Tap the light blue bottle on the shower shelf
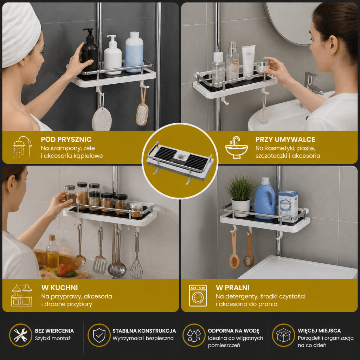(x=134, y=52)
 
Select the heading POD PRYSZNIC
(x=66, y=139)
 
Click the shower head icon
(x=22, y=147)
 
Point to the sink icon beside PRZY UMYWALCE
(x=237, y=147)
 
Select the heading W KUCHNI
(x=59, y=288)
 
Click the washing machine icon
(x=198, y=295)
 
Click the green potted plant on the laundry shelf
(x=240, y=195)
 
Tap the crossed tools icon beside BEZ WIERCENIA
(x=21, y=335)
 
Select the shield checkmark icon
(x=99, y=335)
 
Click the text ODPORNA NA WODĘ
(x=233, y=331)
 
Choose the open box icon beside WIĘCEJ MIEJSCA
(x=284, y=335)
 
